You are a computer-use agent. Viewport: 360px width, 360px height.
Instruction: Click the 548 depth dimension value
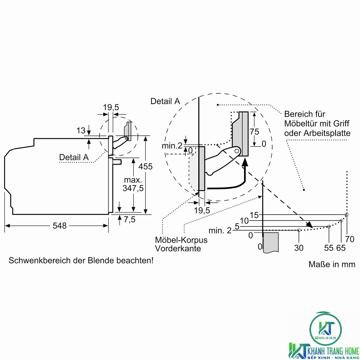(x=59, y=226)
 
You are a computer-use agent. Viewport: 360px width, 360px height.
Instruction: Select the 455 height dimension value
(x=145, y=166)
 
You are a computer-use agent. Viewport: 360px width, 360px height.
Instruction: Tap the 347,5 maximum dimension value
(x=133, y=188)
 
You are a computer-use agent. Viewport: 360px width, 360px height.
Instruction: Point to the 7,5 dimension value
(x=130, y=220)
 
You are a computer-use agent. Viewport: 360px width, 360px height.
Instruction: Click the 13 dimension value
(x=81, y=130)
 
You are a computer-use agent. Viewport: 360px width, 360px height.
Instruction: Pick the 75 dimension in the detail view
(x=254, y=131)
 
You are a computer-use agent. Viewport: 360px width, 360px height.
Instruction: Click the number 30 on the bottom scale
(x=298, y=248)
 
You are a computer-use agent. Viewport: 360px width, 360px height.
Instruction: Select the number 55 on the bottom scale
(x=329, y=248)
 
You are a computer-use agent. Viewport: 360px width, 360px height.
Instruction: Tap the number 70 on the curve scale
(x=350, y=239)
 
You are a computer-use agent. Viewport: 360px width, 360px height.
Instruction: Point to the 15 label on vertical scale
(x=254, y=215)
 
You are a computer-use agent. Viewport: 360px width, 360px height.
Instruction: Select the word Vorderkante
(x=178, y=248)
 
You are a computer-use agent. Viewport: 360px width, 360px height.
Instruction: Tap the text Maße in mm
(x=332, y=264)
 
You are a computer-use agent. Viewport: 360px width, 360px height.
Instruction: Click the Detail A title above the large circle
(x=165, y=101)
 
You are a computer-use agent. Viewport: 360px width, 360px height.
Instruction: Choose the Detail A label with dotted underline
(x=74, y=157)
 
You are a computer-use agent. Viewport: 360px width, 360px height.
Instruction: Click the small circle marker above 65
(x=341, y=221)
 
